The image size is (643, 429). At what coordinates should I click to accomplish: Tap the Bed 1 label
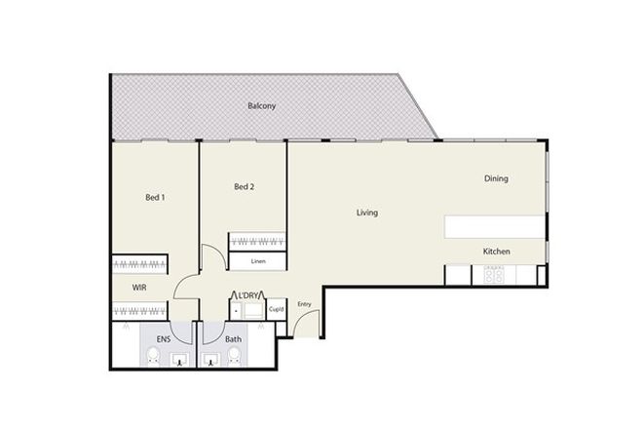coord(155,198)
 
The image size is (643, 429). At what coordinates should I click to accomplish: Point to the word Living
coord(366,213)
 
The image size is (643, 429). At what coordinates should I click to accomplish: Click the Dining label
coord(496,178)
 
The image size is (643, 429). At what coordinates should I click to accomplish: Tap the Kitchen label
coord(497,252)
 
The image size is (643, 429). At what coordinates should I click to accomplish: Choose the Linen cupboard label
coord(258,261)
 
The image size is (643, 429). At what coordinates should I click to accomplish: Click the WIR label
coord(140,288)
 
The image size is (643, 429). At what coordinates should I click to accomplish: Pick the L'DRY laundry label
coord(244,295)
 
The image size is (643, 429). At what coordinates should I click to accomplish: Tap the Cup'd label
coord(276,310)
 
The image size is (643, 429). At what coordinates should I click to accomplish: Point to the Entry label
coord(305,303)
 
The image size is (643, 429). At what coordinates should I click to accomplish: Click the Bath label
coord(234,339)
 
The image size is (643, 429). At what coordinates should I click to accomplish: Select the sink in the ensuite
coord(178,361)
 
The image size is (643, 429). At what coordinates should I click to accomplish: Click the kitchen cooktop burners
coord(494,276)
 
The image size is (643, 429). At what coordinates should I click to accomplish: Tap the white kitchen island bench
coord(495,227)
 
